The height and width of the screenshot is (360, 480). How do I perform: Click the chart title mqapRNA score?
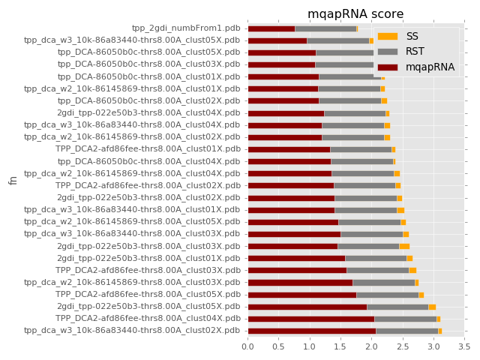point(355,14)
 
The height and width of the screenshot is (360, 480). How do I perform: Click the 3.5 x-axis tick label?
point(464,346)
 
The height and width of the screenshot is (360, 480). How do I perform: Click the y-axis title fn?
point(13,180)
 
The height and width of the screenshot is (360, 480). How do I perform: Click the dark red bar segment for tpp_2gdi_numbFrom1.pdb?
point(271,28)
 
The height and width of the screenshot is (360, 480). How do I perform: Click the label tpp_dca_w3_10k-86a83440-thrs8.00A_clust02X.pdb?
point(132,330)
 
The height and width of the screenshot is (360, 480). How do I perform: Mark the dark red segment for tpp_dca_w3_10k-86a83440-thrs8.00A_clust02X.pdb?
point(311,330)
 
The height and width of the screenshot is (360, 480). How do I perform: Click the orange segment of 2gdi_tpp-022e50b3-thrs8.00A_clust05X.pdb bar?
point(432,306)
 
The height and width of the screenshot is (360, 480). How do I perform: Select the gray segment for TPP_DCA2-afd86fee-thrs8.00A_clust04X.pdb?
point(405,318)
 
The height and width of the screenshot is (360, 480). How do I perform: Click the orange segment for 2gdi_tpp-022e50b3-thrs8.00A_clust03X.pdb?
point(404,246)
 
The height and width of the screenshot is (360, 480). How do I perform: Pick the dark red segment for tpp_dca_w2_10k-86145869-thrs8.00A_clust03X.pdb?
point(300,282)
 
